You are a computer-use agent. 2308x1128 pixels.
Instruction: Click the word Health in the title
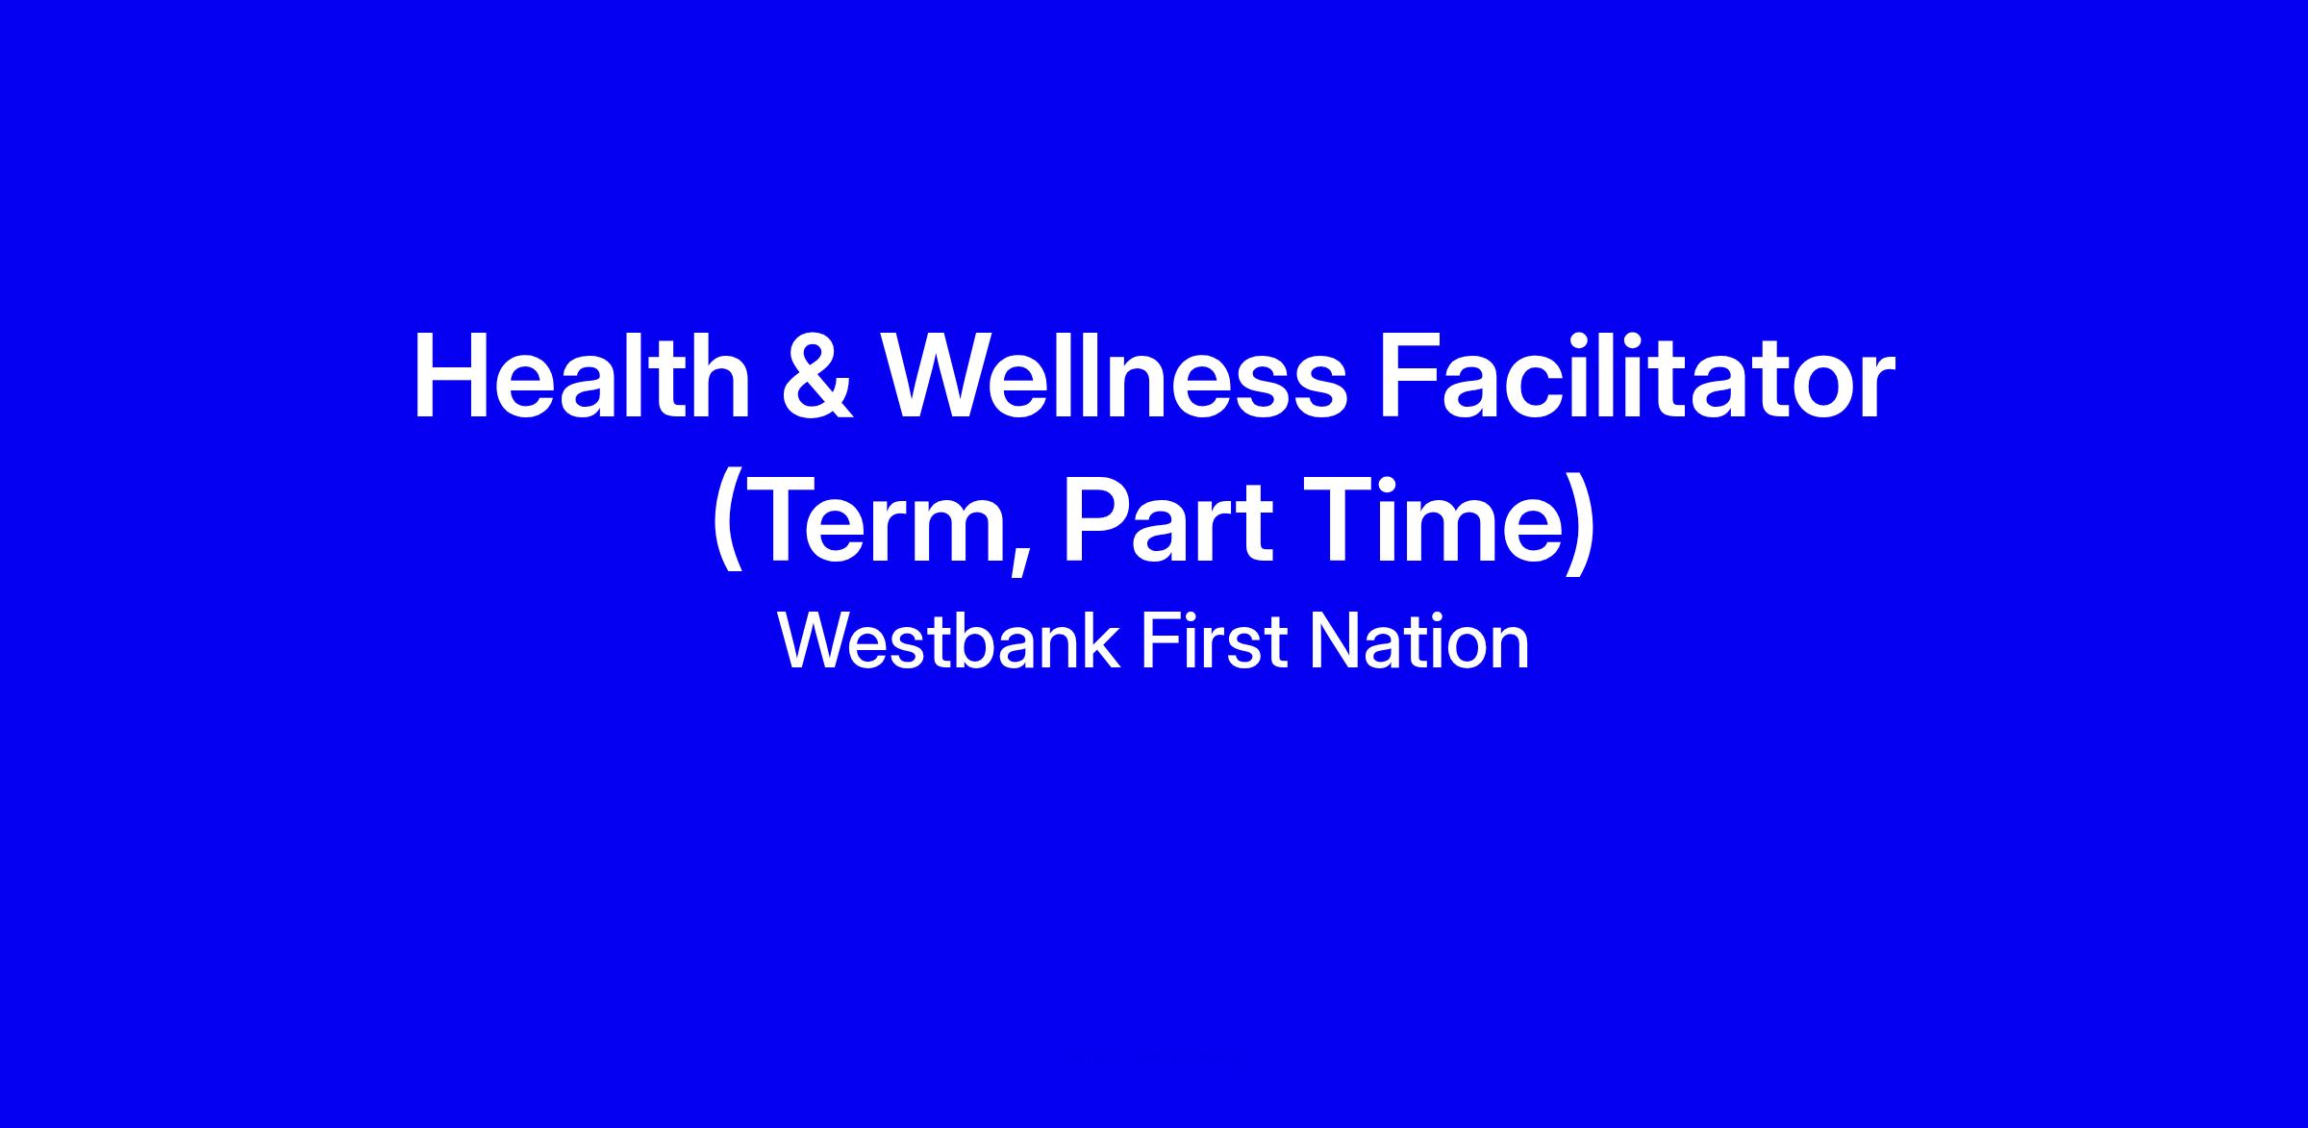coord(582,377)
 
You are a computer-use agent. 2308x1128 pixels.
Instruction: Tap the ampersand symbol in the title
coord(816,378)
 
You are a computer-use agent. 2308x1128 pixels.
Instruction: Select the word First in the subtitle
coord(1214,641)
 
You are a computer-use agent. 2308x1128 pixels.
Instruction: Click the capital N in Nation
coord(1332,641)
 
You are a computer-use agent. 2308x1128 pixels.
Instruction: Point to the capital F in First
coord(1161,641)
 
